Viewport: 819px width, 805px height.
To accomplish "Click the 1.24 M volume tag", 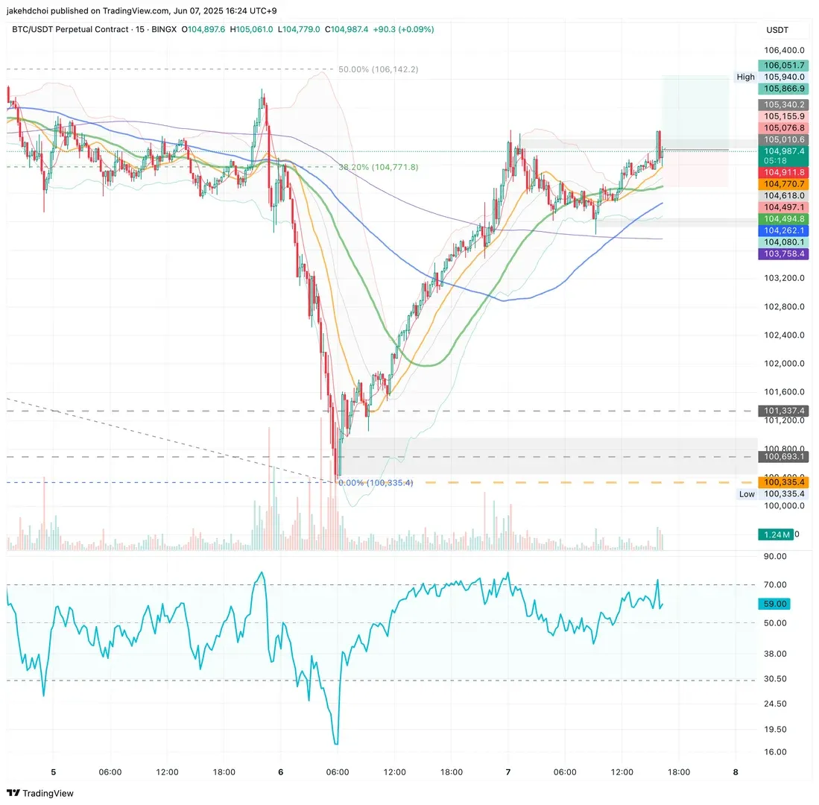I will (775, 534).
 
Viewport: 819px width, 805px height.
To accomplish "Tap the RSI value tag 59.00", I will (776, 604).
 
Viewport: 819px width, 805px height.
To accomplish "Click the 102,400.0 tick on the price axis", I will (783, 335).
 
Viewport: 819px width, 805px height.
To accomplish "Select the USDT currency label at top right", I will (777, 30).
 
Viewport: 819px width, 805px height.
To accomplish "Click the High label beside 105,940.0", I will (745, 77).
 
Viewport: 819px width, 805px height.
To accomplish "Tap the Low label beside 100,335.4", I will (747, 494).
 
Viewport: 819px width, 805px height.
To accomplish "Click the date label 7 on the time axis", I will (508, 772).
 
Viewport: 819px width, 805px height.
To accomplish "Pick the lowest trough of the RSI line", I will (337, 743).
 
